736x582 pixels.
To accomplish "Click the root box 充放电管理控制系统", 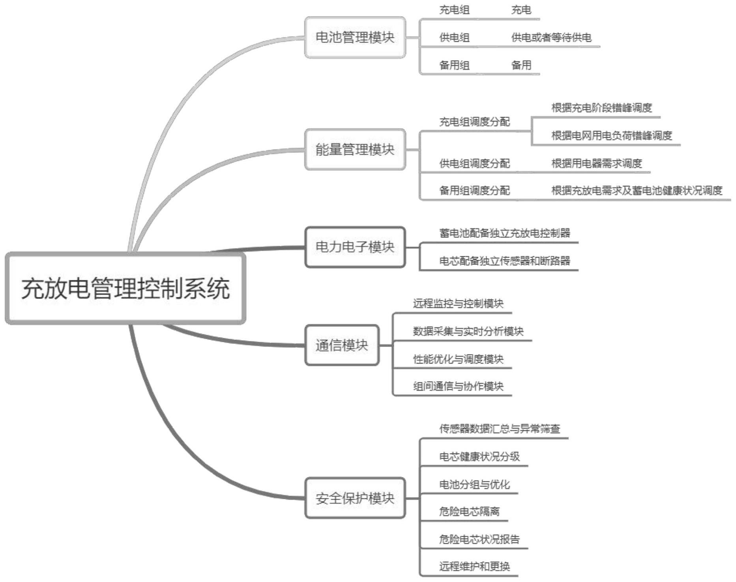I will click(x=125, y=288).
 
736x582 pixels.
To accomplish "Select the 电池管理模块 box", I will click(x=355, y=37).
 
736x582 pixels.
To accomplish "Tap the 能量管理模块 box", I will click(x=355, y=149).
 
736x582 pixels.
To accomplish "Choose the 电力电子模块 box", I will click(x=355, y=247).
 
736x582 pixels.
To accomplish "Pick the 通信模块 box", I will click(x=342, y=345).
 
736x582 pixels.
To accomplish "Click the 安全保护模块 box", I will click(x=355, y=498).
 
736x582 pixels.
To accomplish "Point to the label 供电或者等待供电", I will click(x=551, y=38).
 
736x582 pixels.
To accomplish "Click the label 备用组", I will click(x=454, y=65).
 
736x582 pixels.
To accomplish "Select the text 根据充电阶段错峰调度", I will click(x=601, y=108).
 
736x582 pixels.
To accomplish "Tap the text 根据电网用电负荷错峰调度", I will click(x=611, y=136).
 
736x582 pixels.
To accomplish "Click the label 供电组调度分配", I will click(x=474, y=163).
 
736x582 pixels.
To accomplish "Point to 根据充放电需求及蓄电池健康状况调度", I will click(x=637, y=191).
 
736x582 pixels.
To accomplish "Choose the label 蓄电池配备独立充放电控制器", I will click(x=504, y=233).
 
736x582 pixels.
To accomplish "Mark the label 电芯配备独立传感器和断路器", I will click(x=504, y=261).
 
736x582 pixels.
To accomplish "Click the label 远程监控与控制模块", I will click(x=458, y=304).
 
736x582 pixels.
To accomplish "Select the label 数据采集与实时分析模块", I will click(x=468, y=331).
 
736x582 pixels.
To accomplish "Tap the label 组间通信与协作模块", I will click(x=458, y=386).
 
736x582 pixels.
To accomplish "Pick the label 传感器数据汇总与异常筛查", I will click(x=500, y=429).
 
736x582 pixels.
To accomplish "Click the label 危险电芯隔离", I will click(x=469, y=511).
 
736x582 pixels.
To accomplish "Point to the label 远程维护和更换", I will click(x=474, y=567).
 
